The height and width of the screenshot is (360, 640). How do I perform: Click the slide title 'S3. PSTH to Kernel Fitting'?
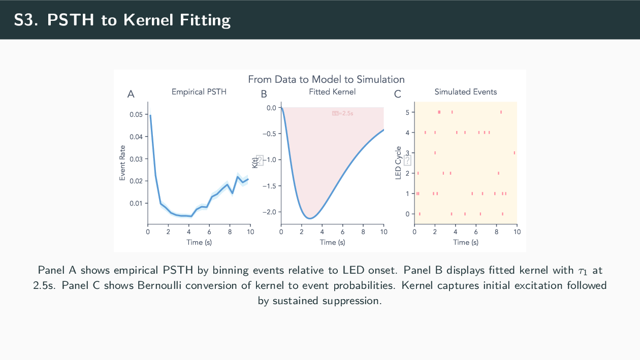click(122, 20)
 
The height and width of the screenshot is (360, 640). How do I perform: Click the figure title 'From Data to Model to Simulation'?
click(326, 80)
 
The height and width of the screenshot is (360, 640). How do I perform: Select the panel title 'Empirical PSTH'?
click(199, 92)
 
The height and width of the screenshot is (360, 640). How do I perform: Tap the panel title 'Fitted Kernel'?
click(332, 92)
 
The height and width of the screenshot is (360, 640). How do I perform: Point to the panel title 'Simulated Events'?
click(466, 92)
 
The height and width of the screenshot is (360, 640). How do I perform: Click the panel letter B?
click(264, 94)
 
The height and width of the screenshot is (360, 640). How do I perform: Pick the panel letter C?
click(397, 94)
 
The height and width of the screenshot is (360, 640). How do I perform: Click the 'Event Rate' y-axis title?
click(122, 162)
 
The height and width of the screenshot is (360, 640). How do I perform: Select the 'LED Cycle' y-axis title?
click(398, 162)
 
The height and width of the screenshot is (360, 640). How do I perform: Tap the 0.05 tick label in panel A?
click(136, 115)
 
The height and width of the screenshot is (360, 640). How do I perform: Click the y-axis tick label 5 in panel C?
click(407, 112)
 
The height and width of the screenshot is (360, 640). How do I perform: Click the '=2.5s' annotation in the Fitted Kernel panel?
click(343, 113)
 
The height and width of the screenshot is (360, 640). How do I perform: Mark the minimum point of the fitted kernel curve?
click(310, 218)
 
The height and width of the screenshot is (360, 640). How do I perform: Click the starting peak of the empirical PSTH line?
click(150, 115)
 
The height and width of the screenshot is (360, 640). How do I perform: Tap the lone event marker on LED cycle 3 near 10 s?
click(515, 152)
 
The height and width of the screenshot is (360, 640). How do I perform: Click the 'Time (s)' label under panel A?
click(199, 242)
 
